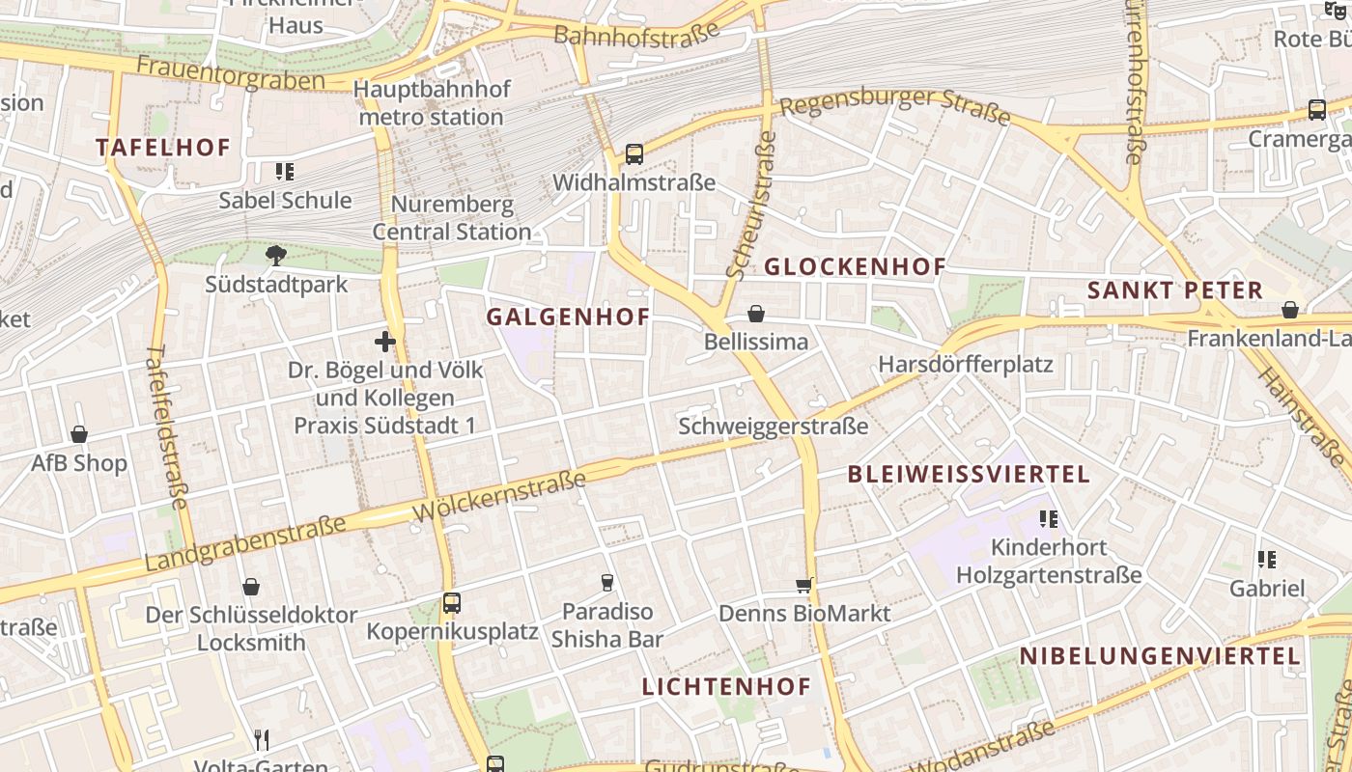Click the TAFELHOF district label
click(x=163, y=148)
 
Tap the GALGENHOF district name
click(x=568, y=317)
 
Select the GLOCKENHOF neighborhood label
click(x=855, y=267)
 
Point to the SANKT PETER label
click(x=1174, y=290)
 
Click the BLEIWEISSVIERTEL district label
click(x=969, y=474)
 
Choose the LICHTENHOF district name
click(x=726, y=687)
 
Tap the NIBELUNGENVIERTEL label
click(x=1160, y=656)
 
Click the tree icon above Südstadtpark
click(x=276, y=256)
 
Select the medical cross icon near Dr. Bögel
click(x=385, y=341)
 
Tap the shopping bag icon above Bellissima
click(x=756, y=314)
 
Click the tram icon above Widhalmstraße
click(x=634, y=153)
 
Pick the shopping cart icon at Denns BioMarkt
click(x=803, y=585)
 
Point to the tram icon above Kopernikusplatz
click(x=452, y=603)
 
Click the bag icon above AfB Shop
click(x=79, y=434)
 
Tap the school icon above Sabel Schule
click(x=285, y=172)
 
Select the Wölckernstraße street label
click(x=499, y=496)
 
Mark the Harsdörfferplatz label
click(x=965, y=365)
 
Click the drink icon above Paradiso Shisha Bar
click(x=607, y=582)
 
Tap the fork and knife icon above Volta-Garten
click(x=262, y=740)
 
